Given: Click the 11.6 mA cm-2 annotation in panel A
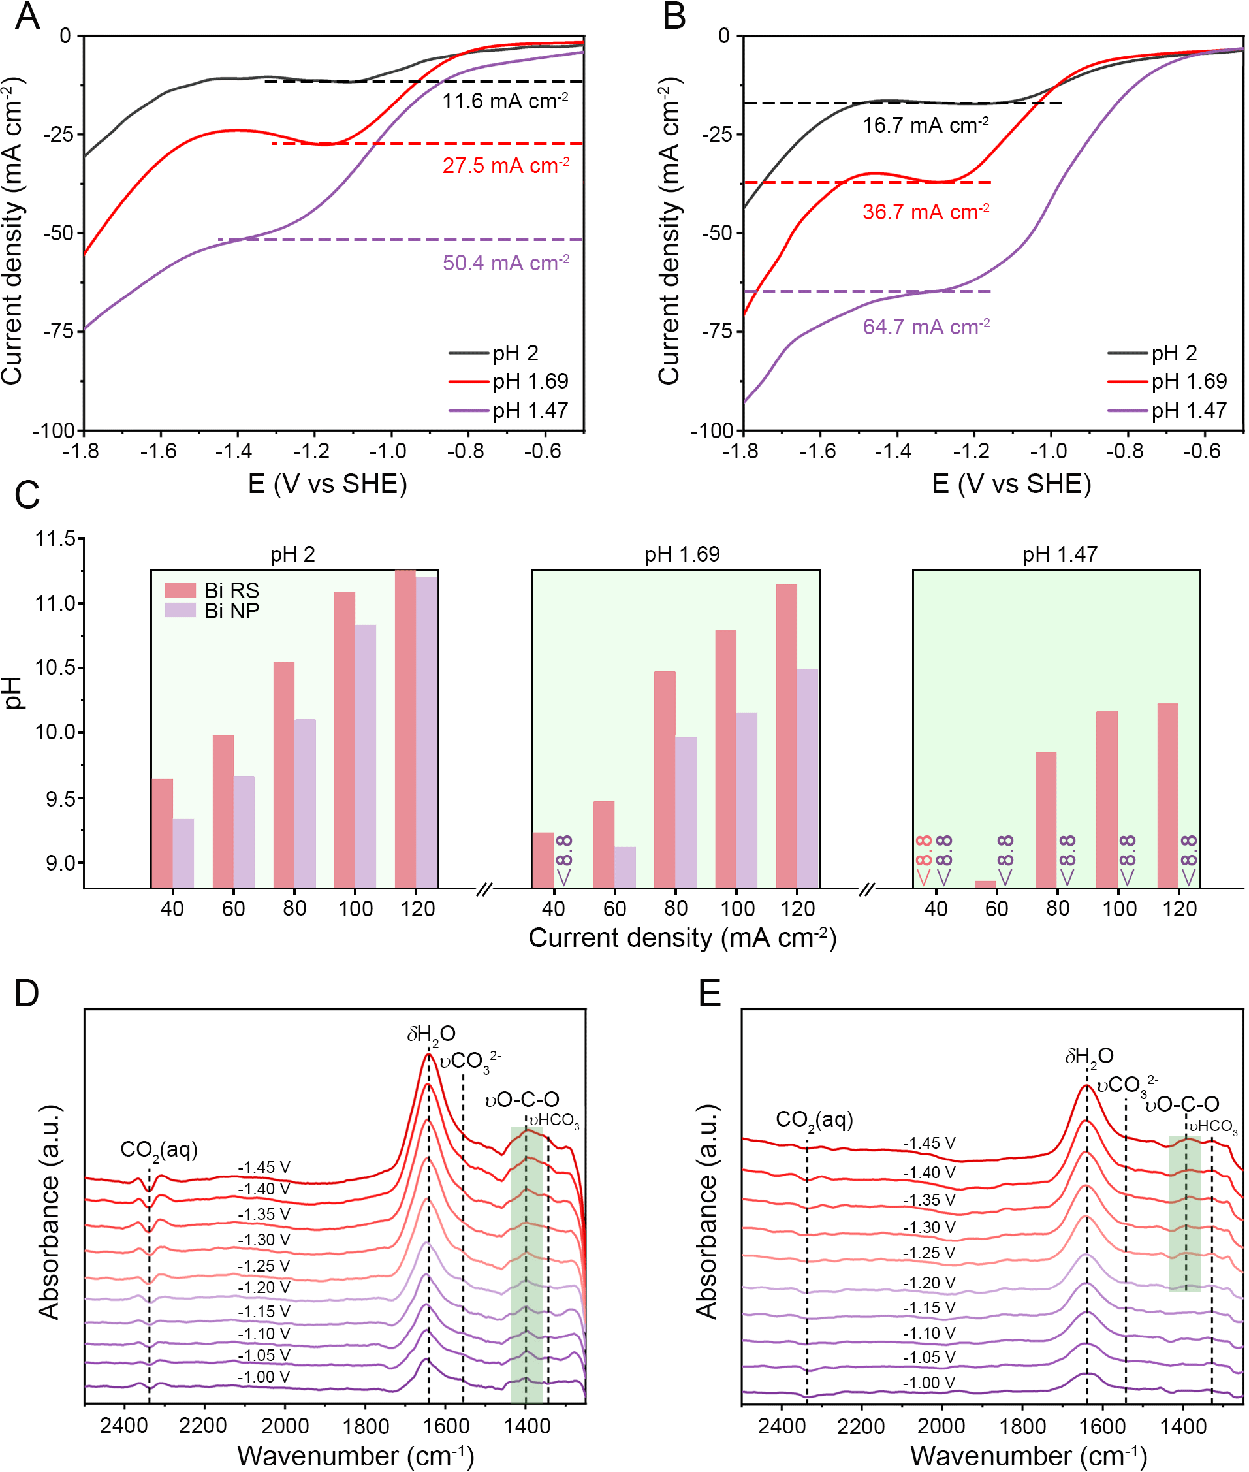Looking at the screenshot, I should coord(505,101).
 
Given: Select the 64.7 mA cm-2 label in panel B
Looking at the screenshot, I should coord(925,327).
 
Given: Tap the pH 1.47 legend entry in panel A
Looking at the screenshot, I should coord(530,411).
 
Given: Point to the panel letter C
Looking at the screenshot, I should coord(27,495).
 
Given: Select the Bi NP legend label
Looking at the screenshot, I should coord(232,611).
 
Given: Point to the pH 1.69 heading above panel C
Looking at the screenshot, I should coord(681,554).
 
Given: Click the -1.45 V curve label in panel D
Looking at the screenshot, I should coord(264,1168).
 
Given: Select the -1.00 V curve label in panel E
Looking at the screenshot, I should coord(929,1383).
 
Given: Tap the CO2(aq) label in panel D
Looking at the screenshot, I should coord(159,1150).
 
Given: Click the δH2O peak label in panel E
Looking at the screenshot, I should coord(1089,1057).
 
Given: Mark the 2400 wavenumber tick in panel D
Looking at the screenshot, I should coord(124,1425).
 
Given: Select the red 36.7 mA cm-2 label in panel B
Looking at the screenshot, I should coord(925,212).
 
